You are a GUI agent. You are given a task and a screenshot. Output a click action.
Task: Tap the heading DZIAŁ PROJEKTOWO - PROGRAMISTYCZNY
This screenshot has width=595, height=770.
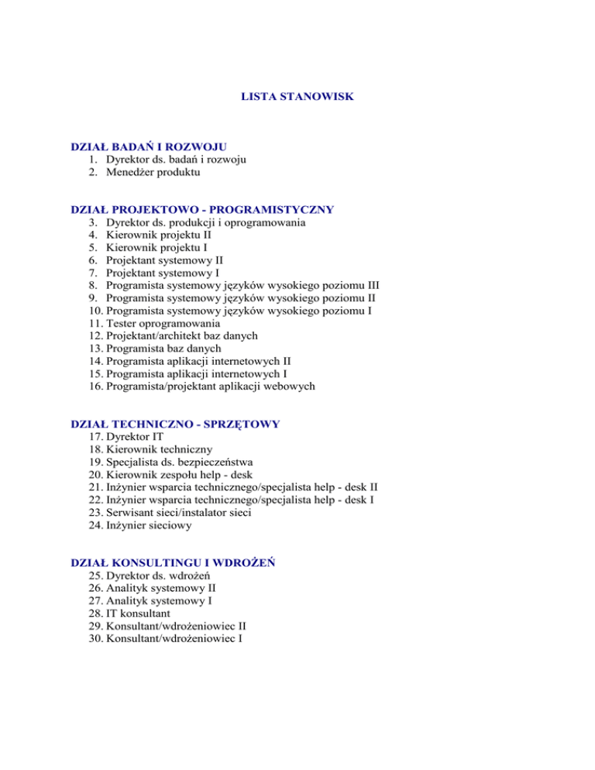tap(201, 209)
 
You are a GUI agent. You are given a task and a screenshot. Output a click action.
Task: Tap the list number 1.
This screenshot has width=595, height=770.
tap(93, 160)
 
